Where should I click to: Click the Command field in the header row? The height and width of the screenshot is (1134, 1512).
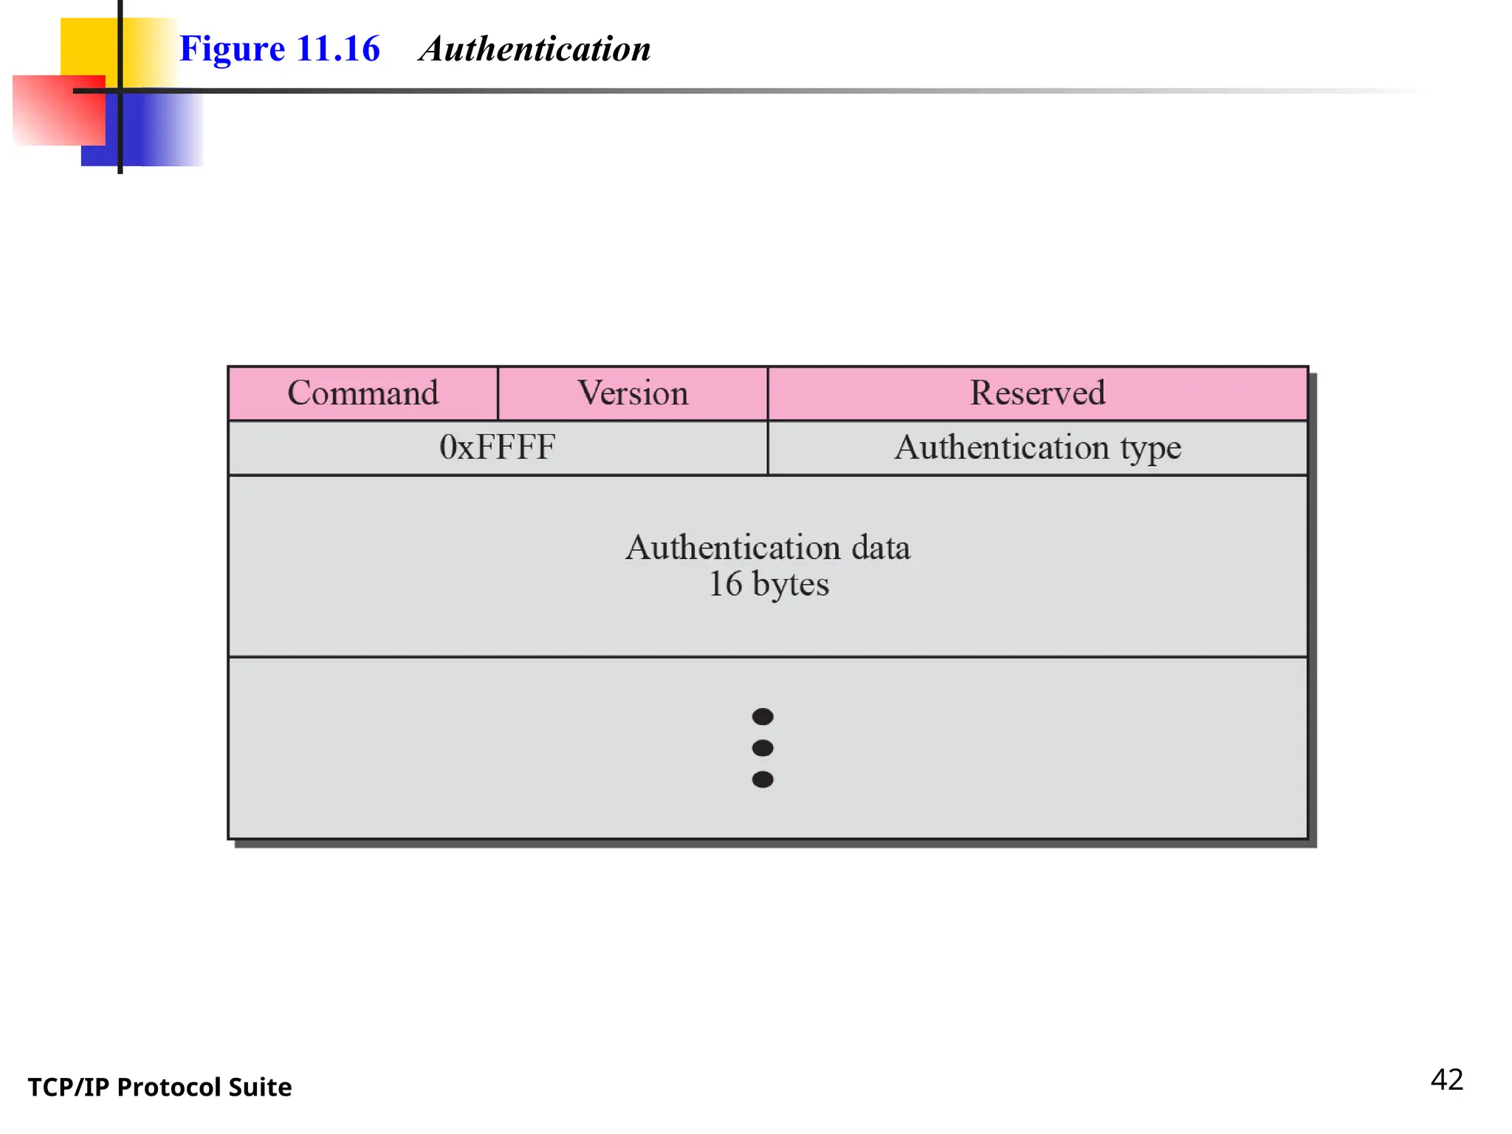(x=363, y=393)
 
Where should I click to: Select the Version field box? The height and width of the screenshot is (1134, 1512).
(x=633, y=393)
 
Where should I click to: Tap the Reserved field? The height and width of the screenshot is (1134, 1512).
(x=1037, y=393)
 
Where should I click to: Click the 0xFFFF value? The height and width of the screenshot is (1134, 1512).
(x=497, y=447)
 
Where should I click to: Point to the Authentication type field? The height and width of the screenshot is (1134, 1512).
(x=1037, y=447)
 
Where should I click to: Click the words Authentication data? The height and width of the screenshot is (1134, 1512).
(x=768, y=548)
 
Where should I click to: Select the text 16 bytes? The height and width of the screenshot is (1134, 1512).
(x=769, y=584)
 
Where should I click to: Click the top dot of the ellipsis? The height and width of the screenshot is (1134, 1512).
(x=763, y=716)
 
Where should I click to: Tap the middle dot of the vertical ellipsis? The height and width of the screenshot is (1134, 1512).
(x=763, y=748)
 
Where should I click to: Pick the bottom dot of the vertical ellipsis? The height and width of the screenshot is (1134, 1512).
(x=763, y=780)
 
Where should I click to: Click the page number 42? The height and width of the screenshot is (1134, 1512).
(x=1446, y=1080)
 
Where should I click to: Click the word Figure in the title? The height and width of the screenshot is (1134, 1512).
(x=232, y=49)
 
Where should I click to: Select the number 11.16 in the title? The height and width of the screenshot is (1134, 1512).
(x=338, y=49)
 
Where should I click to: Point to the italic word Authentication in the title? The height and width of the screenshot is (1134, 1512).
(x=535, y=49)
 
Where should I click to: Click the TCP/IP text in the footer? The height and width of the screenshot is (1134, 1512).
(x=68, y=1087)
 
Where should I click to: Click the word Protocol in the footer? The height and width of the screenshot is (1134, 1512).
(x=169, y=1087)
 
